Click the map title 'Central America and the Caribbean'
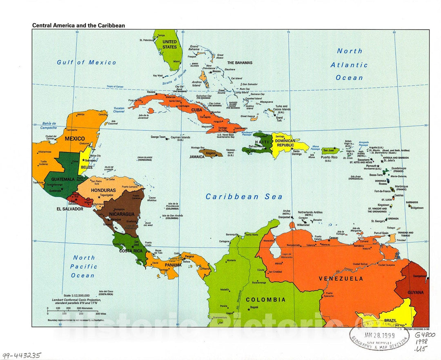coord(79,25)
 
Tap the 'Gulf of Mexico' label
coord(86,62)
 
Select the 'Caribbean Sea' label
coord(244,197)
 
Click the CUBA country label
coord(197,110)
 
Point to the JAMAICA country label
coord(197,157)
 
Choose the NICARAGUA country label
coord(120,214)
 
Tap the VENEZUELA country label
coord(341,279)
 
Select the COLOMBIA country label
coord(265,300)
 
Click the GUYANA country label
coord(415,292)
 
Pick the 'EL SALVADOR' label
coord(70,209)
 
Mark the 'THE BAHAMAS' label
coord(240,63)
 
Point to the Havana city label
coord(151,92)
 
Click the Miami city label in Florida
coord(176,62)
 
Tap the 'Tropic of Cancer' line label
coord(115,87)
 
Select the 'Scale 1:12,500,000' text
coord(76,295)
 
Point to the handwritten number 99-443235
coord(21,355)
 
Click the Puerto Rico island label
coord(329,157)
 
